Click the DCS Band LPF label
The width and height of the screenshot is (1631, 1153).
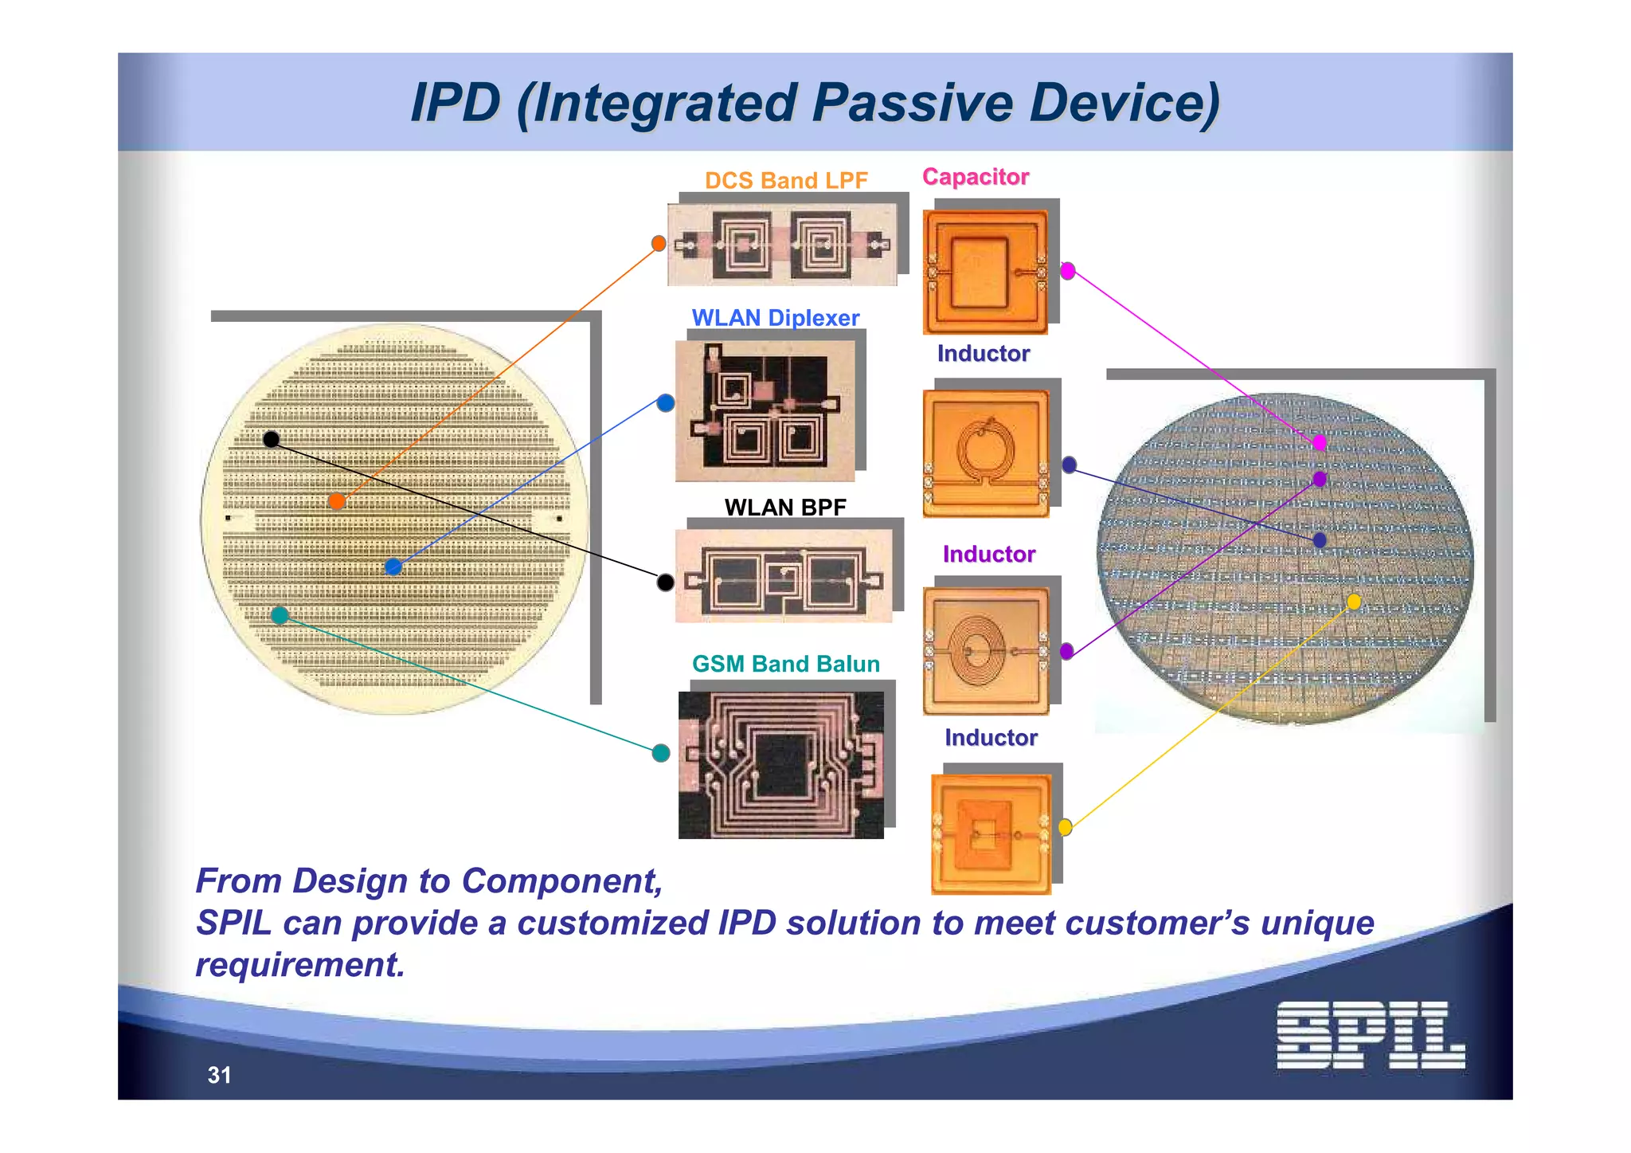786,181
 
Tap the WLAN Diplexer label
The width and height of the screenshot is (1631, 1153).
775,318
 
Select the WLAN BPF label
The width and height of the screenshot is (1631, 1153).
785,507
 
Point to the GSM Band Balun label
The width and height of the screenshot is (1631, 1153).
785,664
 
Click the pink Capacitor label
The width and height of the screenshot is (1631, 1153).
976,177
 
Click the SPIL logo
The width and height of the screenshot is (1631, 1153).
1370,1035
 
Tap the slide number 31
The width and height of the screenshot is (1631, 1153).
219,1075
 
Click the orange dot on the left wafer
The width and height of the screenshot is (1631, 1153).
337,501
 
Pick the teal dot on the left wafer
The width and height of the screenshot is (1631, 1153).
280,615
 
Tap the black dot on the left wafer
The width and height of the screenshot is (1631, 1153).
271,439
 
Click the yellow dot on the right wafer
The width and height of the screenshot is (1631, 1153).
1354,602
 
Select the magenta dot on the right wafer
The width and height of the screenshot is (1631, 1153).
1320,442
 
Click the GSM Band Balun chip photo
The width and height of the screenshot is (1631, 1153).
780,765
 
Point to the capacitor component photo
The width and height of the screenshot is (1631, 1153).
985,272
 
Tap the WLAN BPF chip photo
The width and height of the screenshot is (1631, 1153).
784,576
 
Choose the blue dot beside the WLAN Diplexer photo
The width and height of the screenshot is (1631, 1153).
666,403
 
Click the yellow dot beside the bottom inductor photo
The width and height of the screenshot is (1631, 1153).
1065,827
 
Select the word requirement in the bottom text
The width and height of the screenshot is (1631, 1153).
300,965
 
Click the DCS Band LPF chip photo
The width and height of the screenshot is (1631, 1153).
782,245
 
